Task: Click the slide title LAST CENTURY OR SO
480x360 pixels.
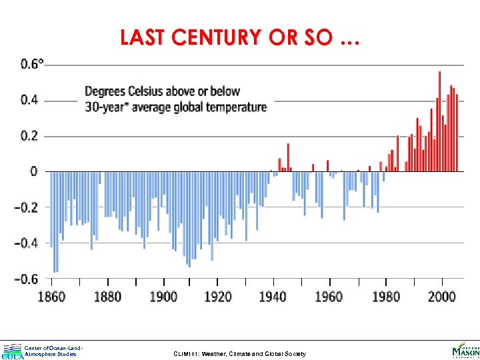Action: [x=239, y=39]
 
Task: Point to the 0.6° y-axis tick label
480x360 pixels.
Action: [x=33, y=65]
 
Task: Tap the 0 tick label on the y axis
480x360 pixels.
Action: [x=34, y=172]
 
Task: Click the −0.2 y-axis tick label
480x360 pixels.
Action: [x=27, y=207]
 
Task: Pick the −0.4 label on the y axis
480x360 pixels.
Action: [x=27, y=243]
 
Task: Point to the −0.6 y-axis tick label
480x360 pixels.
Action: [x=27, y=279]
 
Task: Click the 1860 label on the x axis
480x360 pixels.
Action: [x=51, y=296]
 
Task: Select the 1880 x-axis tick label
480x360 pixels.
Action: [x=107, y=296]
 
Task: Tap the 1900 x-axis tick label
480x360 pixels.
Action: [x=163, y=296]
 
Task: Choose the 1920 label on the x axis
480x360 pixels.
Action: [x=217, y=296]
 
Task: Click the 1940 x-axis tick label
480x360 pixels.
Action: [x=273, y=296]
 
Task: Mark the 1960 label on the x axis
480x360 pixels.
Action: [x=328, y=296]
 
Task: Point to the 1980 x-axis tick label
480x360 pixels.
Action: [x=384, y=296]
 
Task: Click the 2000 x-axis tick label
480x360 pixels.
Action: [x=440, y=296]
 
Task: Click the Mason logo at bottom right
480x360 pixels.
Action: [x=465, y=350]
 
